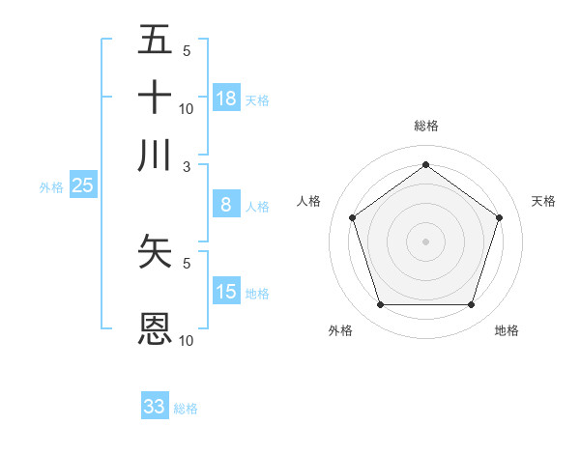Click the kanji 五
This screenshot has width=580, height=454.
click(x=155, y=40)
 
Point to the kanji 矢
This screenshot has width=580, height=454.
click(x=155, y=250)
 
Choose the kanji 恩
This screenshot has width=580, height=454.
click(x=155, y=329)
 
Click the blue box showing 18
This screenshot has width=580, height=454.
click(x=226, y=99)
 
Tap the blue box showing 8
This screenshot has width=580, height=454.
click(x=226, y=205)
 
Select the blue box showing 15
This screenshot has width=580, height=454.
click(x=226, y=292)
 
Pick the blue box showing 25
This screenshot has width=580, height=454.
click(x=82, y=186)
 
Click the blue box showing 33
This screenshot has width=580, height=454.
click(x=155, y=407)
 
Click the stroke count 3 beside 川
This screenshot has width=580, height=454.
click(x=188, y=166)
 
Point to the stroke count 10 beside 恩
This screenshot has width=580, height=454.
click(x=187, y=340)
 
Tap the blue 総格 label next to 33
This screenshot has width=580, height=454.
click(x=186, y=409)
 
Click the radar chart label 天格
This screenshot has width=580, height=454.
click(x=543, y=201)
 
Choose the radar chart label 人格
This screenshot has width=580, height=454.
click(x=308, y=201)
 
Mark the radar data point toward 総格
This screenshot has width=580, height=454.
click(x=425, y=164)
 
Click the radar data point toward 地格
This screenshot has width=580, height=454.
click(x=471, y=305)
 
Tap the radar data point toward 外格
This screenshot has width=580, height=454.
click(x=380, y=305)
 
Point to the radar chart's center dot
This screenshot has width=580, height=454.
click(x=425, y=241)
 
